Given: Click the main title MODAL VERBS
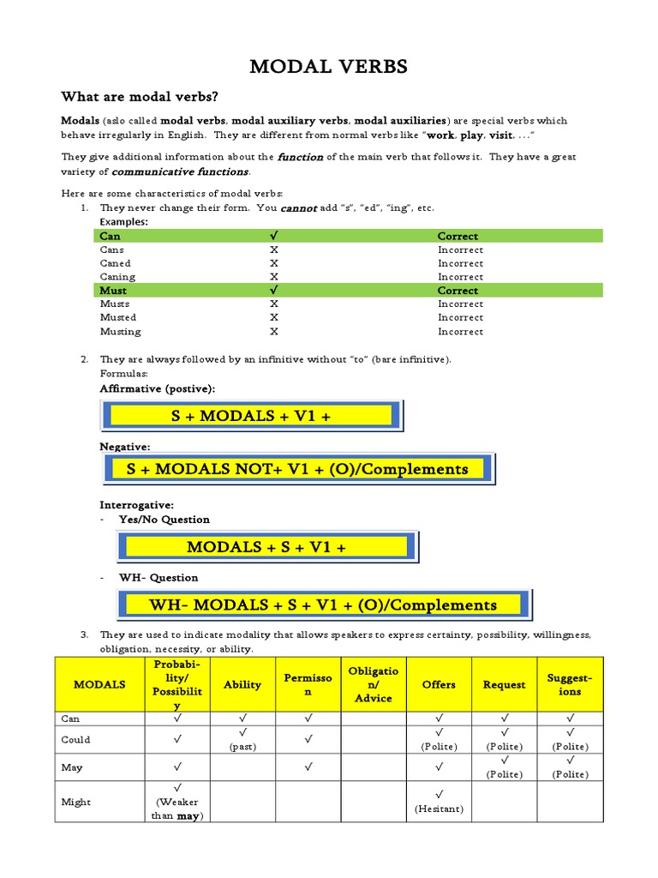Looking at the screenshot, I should (x=328, y=67).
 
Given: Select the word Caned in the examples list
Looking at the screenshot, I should (x=116, y=263).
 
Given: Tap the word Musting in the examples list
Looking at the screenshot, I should (x=120, y=331).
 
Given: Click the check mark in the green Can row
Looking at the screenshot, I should (x=273, y=236).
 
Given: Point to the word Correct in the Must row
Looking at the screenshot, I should (x=458, y=291).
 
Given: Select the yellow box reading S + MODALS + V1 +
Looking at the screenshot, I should (x=252, y=416).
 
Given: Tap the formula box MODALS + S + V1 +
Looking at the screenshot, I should (x=266, y=547).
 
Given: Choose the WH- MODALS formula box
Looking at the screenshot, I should (x=323, y=604).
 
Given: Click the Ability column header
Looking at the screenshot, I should (x=242, y=684).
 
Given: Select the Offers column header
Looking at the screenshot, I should (x=439, y=684).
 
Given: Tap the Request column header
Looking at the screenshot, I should (x=504, y=684).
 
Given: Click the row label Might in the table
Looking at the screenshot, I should (x=76, y=802).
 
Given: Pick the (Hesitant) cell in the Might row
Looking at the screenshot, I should (x=439, y=808).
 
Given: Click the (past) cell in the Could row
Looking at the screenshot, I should (x=242, y=746).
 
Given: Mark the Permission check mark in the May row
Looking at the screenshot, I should (x=308, y=767).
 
